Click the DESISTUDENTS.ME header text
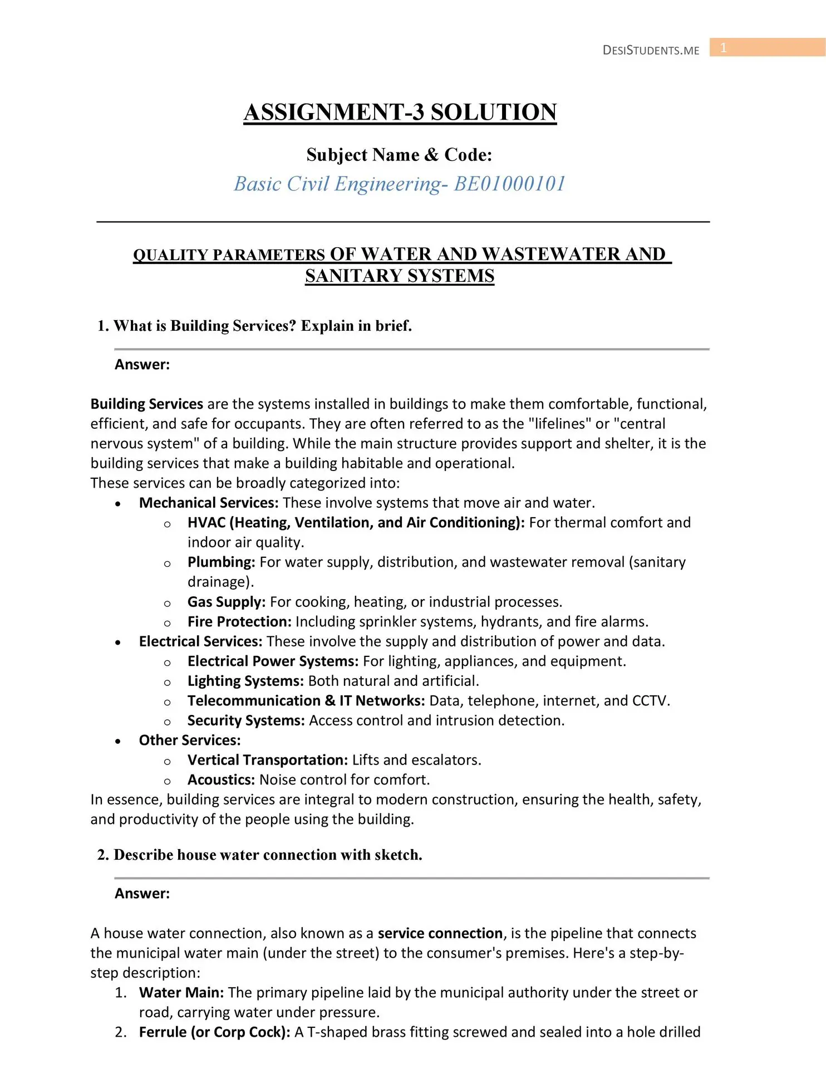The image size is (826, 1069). click(x=651, y=50)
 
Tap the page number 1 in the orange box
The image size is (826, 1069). click(x=723, y=48)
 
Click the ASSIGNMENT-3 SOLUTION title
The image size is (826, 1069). click(x=400, y=112)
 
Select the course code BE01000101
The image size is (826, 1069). click(x=510, y=184)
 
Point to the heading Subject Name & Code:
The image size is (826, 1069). click(x=399, y=155)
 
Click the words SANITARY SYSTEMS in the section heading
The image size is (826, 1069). click(x=400, y=276)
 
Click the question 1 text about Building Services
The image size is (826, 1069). click(x=254, y=326)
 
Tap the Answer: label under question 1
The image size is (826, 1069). click(x=142, y=365)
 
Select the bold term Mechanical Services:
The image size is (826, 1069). click(x=208, y=503)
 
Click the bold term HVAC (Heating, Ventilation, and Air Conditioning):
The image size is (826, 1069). click(x=356, y=523)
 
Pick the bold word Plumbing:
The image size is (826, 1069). click(x=221, y=562)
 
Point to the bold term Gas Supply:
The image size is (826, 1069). click(x=227, y=602)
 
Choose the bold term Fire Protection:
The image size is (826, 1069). click(x=239, y=622)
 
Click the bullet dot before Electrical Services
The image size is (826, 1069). click(x=118, y=643)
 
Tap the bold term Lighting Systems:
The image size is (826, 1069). click(x=245, y=681)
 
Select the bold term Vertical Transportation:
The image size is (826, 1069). click(x=268, y=760)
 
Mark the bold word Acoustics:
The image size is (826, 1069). click(x=221, y=780)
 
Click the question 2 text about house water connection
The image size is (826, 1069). click(x=259, y=855)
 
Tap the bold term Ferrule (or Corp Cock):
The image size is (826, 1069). click(x=214, y=1032)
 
